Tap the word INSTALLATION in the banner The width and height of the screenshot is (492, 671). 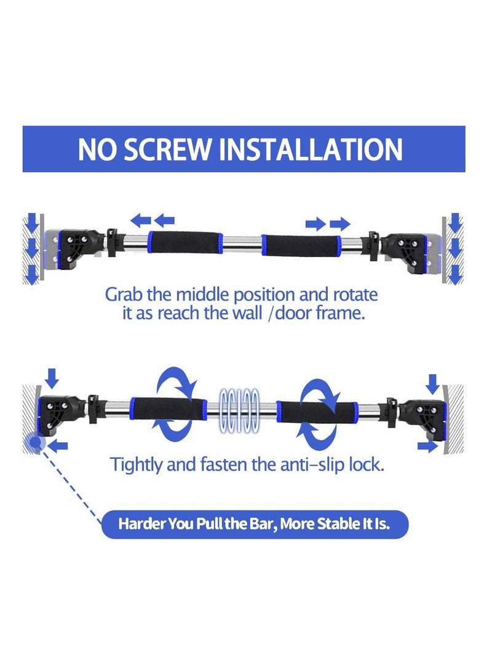311,149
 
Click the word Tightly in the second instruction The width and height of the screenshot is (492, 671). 136,465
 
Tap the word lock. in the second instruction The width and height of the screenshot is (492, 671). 367,464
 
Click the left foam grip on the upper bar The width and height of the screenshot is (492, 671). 185,243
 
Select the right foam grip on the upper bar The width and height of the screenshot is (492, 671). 301,246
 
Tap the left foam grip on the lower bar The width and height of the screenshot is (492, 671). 168,408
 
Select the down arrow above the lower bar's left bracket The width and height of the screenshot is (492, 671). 52,378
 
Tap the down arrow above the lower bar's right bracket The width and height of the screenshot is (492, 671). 432,384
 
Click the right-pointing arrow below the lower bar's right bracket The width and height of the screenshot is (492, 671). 427,446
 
